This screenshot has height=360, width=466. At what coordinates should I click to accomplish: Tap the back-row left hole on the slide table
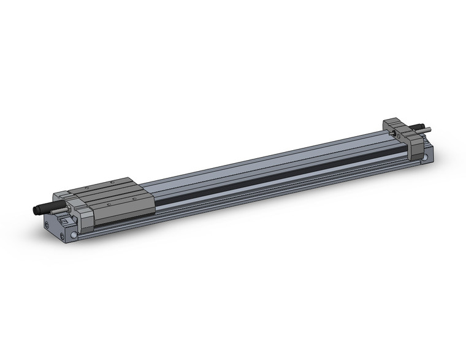point(87,188)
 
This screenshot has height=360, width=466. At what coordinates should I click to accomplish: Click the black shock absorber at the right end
point(419,126)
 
